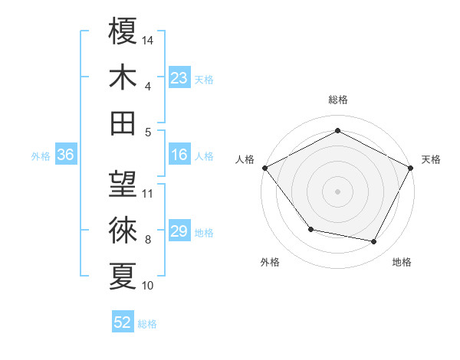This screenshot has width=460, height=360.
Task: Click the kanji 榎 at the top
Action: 123,31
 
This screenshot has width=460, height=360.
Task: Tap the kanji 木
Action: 123,77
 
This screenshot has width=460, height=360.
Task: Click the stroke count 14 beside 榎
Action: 148,40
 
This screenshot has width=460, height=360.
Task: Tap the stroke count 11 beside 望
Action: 148,194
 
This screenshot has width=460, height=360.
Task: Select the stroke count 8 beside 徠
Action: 147,240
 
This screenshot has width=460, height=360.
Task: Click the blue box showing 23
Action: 179,77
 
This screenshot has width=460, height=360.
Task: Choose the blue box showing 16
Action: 179,155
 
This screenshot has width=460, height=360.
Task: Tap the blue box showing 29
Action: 179,231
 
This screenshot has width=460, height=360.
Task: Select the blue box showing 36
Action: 65,155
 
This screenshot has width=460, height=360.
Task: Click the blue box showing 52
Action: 123,322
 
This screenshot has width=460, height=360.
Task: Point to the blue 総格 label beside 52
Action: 147,324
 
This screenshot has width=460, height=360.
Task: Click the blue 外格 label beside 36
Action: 41,156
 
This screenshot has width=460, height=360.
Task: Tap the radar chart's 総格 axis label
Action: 337,100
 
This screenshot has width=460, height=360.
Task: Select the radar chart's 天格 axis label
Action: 431,159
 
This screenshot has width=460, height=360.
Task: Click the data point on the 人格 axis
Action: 264,167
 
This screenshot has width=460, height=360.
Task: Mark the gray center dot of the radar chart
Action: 337,191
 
